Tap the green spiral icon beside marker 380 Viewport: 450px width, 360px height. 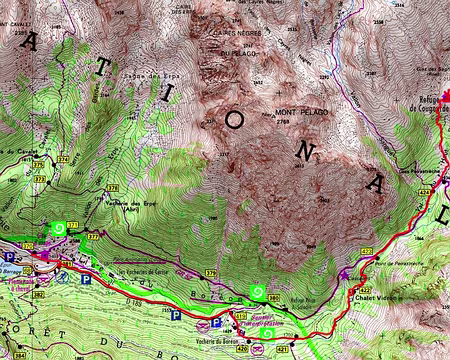(258, 293)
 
